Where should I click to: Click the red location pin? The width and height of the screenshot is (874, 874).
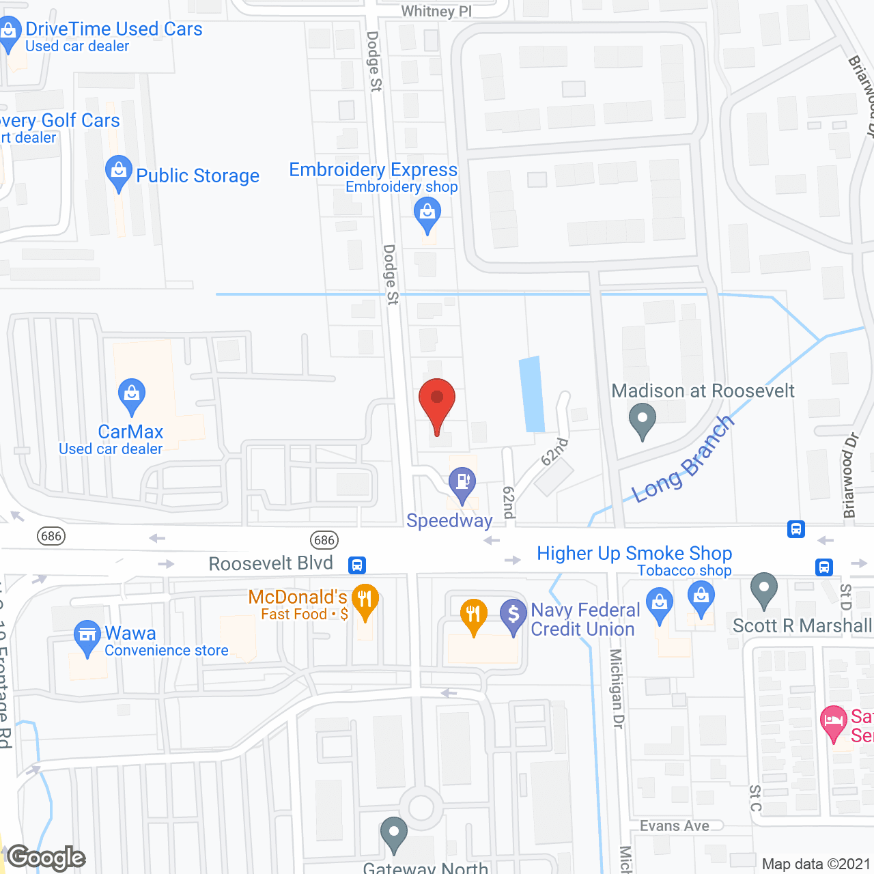436,399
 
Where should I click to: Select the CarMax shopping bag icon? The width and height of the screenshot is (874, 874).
132,395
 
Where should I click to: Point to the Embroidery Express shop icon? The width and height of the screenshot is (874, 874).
427,213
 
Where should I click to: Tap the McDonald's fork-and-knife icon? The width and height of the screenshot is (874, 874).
365,600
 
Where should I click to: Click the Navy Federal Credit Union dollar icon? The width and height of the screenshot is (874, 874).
513,614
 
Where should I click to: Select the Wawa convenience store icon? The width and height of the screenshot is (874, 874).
87,636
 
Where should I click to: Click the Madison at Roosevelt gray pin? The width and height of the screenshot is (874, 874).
642,419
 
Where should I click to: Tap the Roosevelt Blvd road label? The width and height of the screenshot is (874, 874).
270,564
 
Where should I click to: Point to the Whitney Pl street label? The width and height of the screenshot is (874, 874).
436,11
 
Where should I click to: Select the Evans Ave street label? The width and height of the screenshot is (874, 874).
674,826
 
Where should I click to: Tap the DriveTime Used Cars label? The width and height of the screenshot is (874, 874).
113,29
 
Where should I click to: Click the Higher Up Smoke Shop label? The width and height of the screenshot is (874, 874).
634,553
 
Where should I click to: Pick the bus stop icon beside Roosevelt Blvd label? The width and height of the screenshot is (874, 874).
357,565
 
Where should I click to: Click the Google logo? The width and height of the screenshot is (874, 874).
46,858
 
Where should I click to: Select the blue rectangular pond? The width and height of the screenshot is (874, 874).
532,395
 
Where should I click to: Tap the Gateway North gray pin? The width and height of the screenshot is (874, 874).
394,833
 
